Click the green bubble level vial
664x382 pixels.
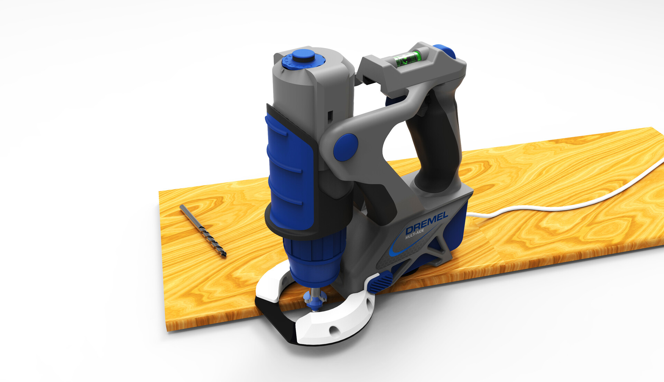407,59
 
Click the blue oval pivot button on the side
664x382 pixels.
345,147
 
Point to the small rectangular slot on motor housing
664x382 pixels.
330,115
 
